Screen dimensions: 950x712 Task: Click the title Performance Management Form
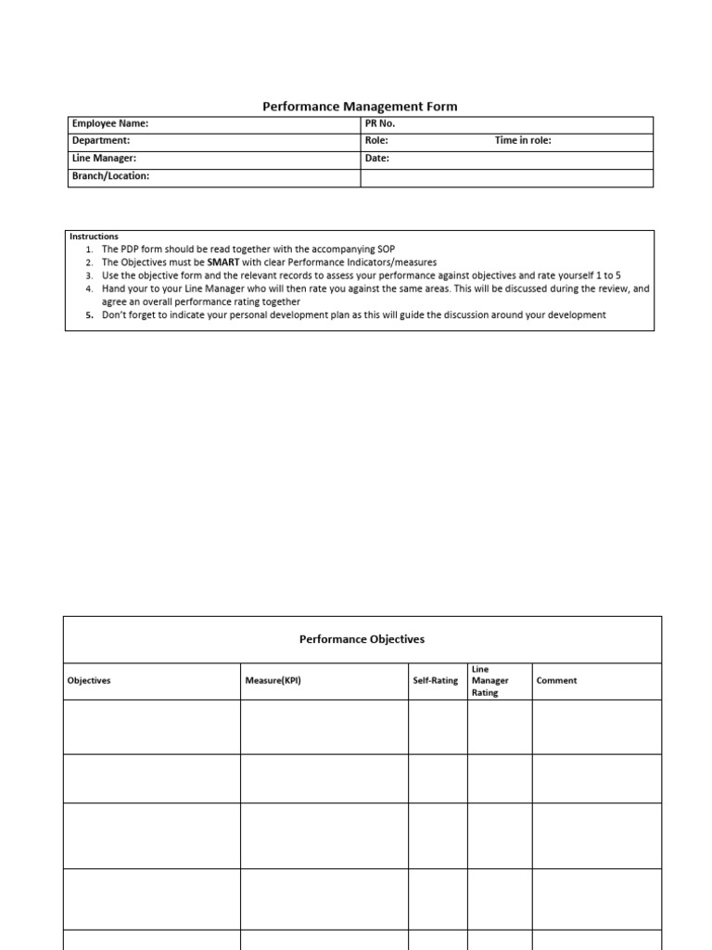pos(360,107)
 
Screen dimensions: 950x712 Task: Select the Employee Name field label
pos(109,124)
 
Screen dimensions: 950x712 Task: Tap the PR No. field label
pos(380,124)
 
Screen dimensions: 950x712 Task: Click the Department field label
pos(101,141)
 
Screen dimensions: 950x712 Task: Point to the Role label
pos(376,141)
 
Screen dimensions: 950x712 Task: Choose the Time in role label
pos(523,141)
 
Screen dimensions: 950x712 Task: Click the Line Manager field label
pos(104,159)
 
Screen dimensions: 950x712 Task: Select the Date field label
pos(377,159)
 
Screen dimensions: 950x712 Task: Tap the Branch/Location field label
pos(110,176)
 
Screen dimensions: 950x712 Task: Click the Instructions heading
pos(95,237)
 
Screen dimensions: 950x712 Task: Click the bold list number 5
pos(89,315)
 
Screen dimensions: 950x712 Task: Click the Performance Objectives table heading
pos(362,639)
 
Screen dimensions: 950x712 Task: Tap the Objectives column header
pos(89,681)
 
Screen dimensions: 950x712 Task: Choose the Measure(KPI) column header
pos(273,681)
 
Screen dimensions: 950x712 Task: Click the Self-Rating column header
pos(436,681)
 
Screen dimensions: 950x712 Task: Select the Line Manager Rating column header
pos(490,681)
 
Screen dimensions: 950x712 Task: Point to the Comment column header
pos(556,681)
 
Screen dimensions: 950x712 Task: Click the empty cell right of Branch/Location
pos(506,176)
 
